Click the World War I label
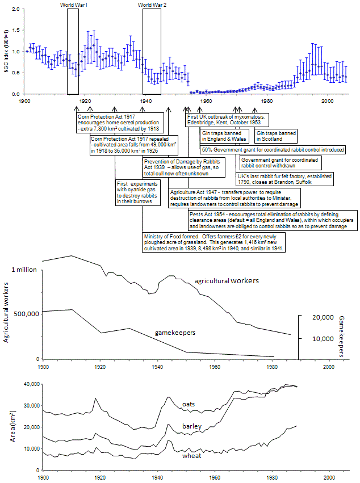[x=73, y=5]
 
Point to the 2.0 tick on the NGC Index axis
[x=15, y=10]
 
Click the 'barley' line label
[x=192, y=426]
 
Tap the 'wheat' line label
[x=191, y=455]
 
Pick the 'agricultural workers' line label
[x=227, y=280]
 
